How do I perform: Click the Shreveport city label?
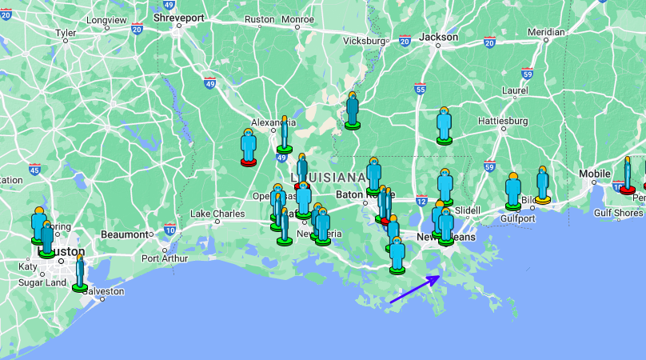[x=180, y=17]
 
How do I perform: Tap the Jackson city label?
[x=439, y=37]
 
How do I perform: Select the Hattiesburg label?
[x=504, y=121]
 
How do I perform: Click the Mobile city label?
[x=594, y=174]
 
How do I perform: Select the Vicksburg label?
[x=364, y=41]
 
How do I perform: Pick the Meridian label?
[x=546, y=32]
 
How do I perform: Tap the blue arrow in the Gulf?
[x=414, y=290]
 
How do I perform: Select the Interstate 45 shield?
[x=34, y=169]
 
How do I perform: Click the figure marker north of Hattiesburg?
[x=445, y=125]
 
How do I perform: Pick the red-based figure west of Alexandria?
[x=249, y=146]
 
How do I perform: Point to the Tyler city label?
[x=66, y=34]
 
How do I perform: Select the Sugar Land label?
[x=43, y=282]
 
